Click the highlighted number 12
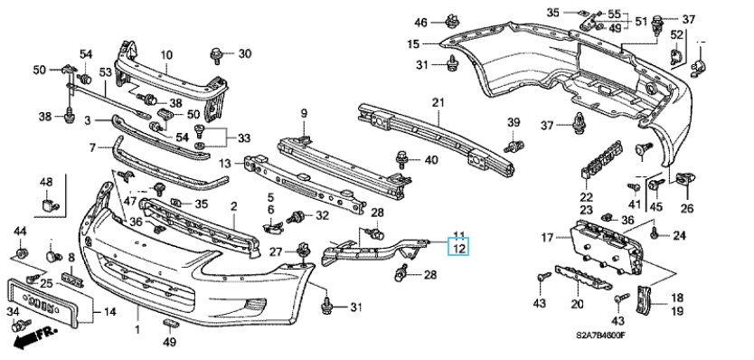tap(459, 249)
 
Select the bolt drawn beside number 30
tap(215, 55)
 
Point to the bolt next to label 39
tap(514, 146)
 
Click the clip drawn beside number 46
tap(451, 22)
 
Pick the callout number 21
tap(438, 103)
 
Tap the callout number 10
tap(166, 55)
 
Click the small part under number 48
tap(48, 205)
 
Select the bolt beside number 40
tap(402, 159)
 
